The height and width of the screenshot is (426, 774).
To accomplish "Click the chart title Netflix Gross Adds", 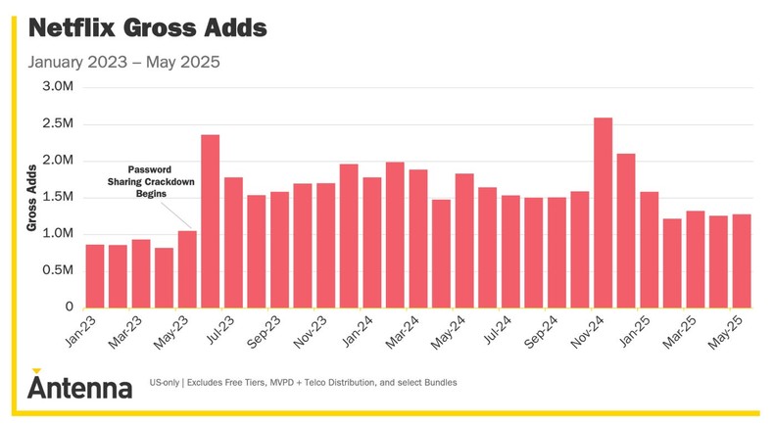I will click(147, 27).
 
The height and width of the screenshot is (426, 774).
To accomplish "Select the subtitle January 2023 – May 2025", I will click(123, 63).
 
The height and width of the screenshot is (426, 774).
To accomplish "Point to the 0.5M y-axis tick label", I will click(58, 270).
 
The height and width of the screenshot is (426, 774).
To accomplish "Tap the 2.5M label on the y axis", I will click(58, 124).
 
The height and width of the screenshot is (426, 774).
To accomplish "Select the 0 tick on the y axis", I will click(70, 307).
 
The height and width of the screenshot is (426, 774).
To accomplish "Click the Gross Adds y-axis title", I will click(31, 198).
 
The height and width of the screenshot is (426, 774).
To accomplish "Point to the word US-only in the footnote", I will click(168, 382).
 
